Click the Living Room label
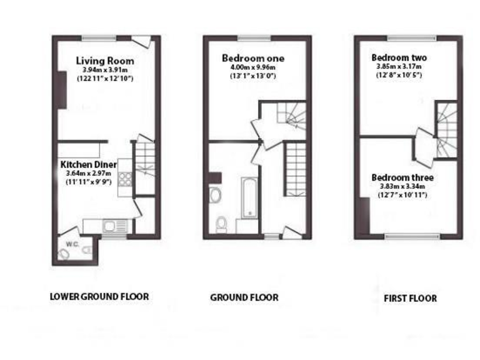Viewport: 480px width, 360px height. (x=105, y=61)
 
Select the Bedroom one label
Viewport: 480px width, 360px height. (x=253, y=58)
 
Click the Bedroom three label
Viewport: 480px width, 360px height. (x=402, y=177)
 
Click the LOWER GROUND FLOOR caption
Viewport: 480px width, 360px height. (x=99, y=296)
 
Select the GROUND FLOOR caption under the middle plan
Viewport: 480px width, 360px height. (x=244, y=297)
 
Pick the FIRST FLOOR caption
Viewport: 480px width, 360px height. (x=410, y=298)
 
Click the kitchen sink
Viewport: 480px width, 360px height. (x=113, y=226)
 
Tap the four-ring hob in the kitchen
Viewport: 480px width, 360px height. (x=124, y=179)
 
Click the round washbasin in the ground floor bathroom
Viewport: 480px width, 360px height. (x=216, y=195)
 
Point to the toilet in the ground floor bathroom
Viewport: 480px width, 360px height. (x=221, y=224)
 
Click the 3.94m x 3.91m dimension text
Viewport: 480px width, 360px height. (x=105, y=70)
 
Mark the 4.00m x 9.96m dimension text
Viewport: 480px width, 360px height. (x=253, y=67)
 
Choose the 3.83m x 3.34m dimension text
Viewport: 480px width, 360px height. (x=402, y=186)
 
